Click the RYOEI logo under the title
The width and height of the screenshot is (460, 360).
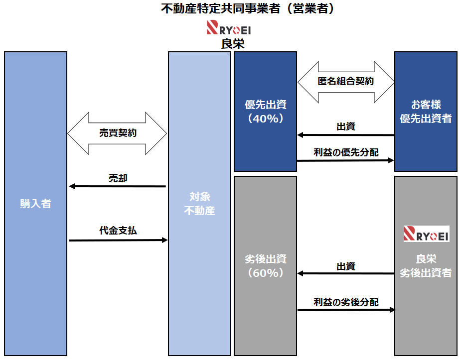pyautogui.click(x=229, y=27)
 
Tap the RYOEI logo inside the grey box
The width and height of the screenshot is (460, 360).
pyautogui.click(x=426, y=234)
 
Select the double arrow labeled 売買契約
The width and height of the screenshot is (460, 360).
pyautogui.click(x=117, y=133)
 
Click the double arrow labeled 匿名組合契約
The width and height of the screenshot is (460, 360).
pyautogui.click(x=345, y=82)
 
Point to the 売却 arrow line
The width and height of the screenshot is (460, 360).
pyautogui.click(x=117, y=186)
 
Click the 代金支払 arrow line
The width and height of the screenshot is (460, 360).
pyautogui.click(x=118, y=240)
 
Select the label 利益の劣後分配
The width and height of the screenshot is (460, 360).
pyautogui.click(x=345, y=302)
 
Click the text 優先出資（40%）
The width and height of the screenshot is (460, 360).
pyautogui.click(x=265, y=112)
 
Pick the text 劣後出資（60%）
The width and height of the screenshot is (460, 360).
pyautogui.click(x=265, y=266)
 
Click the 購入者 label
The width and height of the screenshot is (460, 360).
pyautogui.click(x=35, y=204)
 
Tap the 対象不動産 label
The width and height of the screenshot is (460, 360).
pyautogui.click(x=199, y=204)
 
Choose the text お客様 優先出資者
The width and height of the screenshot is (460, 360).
pyautogui.click(x=426, y=112)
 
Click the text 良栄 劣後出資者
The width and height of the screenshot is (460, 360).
pyautogui.click(x=426, y=266)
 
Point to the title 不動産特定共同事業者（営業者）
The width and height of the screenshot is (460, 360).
pyautogui.click(x=247, y=9)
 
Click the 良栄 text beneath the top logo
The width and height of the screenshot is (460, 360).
pyautogui.click(x=232, y=44)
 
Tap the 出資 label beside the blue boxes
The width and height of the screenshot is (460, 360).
pyautogui.click(x=345, y=126)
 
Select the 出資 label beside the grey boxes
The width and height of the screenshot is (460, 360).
pyautogui.click(x=345, y=266)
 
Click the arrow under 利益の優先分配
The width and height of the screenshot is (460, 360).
pyautogui.click(x=345, y=161)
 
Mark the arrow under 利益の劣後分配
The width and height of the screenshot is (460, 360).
pyautogui.click(x=345, y=310)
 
